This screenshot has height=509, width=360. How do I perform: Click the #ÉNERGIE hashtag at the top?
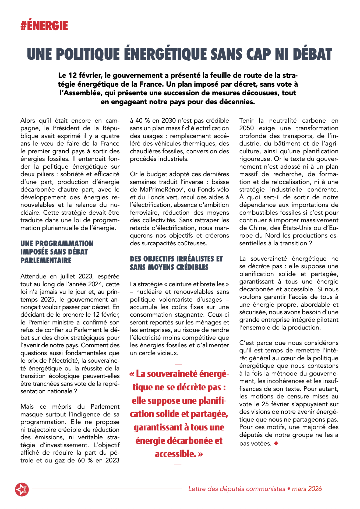44,26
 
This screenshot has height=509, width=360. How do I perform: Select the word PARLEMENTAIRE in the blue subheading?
46,260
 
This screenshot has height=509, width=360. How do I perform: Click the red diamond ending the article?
276,443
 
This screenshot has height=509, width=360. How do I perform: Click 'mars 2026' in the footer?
307,489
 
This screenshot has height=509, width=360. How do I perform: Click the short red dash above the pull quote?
178,364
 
